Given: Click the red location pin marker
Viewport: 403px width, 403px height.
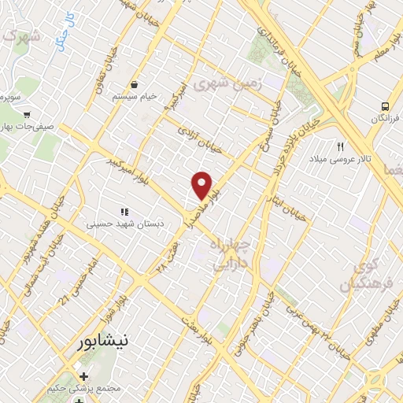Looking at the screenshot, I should (202, 186).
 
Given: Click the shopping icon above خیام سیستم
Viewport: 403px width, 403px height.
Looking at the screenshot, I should (135, 84).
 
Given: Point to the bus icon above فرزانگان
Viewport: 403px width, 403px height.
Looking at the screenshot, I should (384, 106).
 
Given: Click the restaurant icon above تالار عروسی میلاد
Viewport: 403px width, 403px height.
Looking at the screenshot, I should (341, 146).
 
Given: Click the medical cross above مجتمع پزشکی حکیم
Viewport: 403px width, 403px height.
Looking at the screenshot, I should (84, 376).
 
